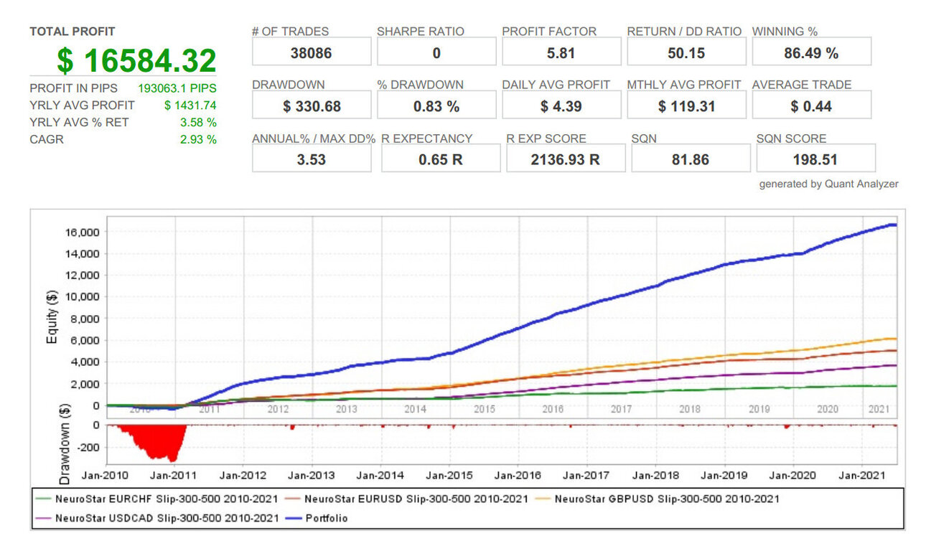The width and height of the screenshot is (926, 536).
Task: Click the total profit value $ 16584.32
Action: (136, 60)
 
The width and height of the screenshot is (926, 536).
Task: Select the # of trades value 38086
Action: (311, 53)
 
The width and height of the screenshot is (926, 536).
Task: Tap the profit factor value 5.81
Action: (561, 53)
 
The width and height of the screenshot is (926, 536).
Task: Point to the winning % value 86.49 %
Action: (811, 53)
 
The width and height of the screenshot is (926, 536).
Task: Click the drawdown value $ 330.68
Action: (312, 106)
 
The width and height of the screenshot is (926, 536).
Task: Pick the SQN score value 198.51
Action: (815, 159)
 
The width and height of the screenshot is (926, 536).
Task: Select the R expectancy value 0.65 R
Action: (440, 159)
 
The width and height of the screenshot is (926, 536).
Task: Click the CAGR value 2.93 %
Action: (198, 139)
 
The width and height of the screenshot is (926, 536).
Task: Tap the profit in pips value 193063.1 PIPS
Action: (177, 88)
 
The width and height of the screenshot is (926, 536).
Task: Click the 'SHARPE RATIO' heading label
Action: (421, 32)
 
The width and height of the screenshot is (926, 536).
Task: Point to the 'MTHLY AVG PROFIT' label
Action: (684, 85)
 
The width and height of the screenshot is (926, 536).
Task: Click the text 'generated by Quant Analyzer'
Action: (828, 184)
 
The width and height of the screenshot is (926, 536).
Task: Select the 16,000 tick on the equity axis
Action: (83, 232)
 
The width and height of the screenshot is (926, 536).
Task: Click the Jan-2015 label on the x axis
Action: (449, 475)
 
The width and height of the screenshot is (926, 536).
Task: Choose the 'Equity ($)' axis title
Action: (52, 317)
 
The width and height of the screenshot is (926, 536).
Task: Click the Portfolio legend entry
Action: (317, 518)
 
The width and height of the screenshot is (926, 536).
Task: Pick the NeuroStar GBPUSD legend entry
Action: (657, 499)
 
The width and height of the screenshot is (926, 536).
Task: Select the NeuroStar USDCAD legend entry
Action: (157, 518)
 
